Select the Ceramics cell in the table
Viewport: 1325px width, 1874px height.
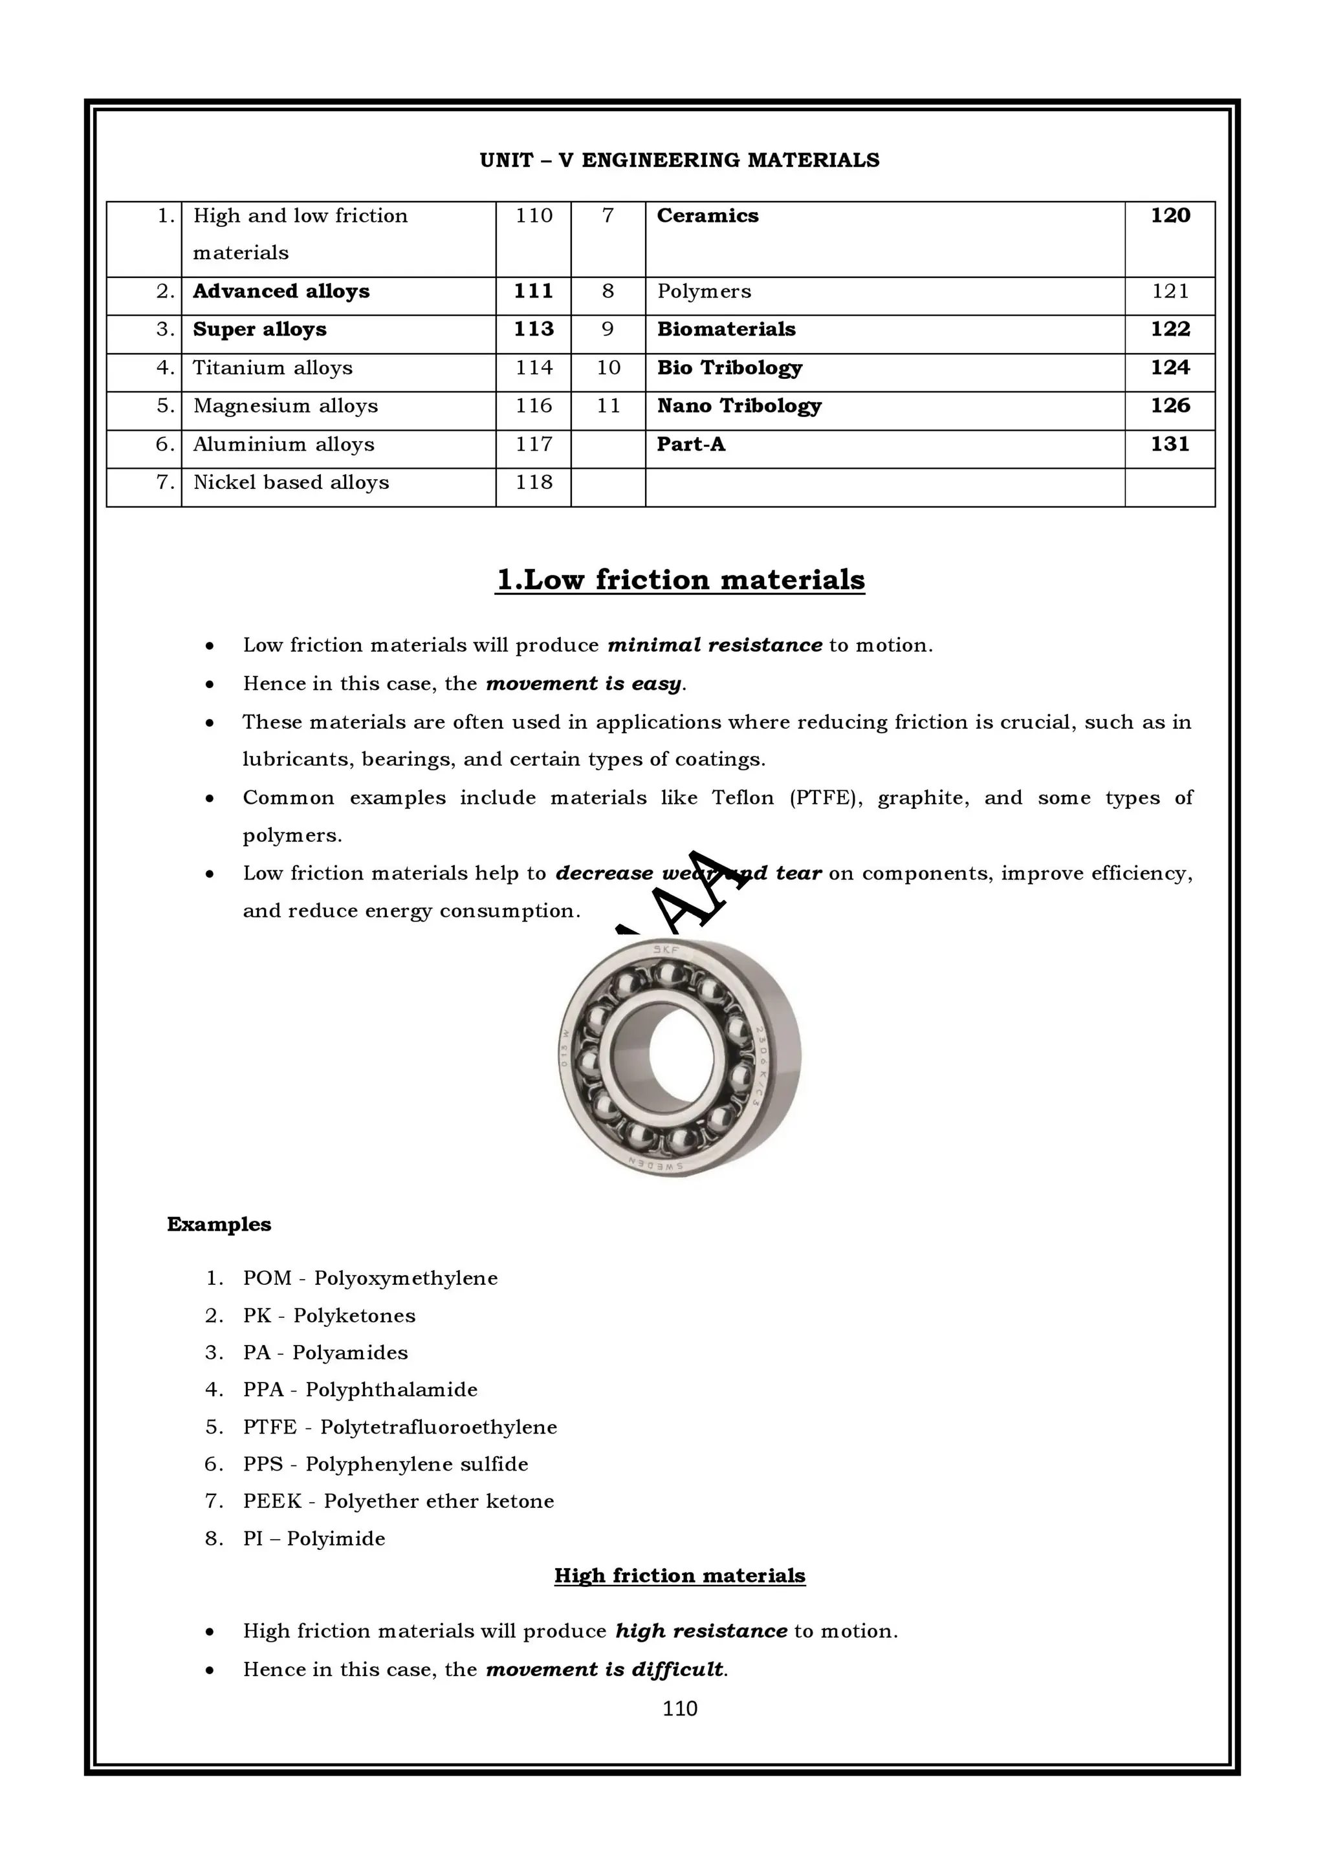click(707, 215)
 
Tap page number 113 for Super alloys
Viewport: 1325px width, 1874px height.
click(533, 329)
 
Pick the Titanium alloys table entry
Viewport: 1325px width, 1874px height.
click(272, 367)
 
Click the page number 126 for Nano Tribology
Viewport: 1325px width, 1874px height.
click(1169, 405)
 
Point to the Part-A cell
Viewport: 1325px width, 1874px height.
click(691, 444)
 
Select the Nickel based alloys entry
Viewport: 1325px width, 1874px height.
click(290, 482)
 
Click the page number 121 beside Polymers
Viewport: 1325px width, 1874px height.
click(1169, 292)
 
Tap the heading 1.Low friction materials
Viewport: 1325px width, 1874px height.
click(679, 579)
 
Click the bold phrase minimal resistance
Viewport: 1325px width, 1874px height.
click(714, 645)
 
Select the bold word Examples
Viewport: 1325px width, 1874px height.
click(219, 1224)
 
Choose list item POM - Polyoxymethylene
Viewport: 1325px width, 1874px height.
click(370, 1278)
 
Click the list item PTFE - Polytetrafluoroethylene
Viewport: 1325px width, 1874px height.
click(399, 1427)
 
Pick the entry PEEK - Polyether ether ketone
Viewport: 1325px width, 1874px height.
click(398, 1501)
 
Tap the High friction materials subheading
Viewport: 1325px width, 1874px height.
click(679, 1576)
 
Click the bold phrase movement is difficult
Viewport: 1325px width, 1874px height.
click(604, 1669)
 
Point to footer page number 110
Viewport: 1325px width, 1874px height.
click(679, 1708)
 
